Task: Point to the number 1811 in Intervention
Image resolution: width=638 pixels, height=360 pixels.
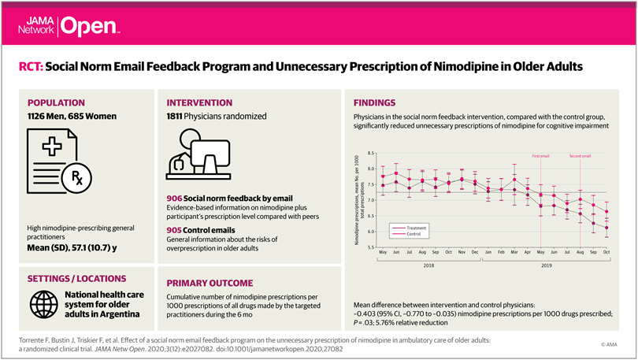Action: [178, 117]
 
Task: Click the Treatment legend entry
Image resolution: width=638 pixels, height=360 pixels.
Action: [418, 226]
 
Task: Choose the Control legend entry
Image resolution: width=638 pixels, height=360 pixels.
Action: [417, 233]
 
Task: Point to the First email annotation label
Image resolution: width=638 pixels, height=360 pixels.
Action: [540, 157]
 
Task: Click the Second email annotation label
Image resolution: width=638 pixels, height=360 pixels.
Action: [580, 157]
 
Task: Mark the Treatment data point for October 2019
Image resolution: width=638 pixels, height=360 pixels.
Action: [606, 228]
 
